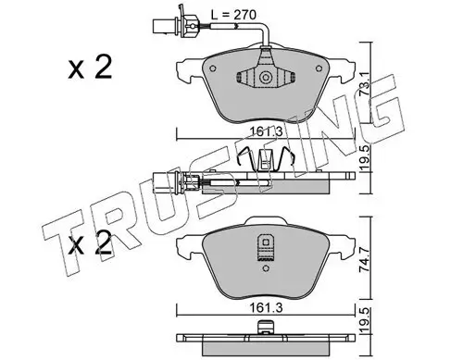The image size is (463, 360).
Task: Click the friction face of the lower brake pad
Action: click(x=222, y=264)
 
